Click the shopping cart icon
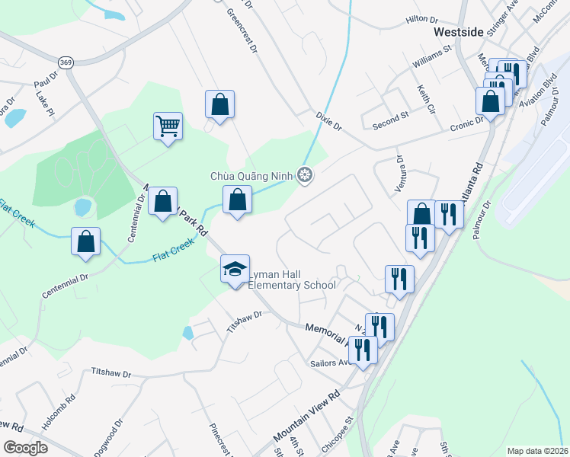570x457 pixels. (x=168, y=126)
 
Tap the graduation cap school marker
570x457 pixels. (x=235, y=269)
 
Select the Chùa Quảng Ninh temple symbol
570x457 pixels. (x=305, y=176)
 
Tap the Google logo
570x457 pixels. (x=25, y=448)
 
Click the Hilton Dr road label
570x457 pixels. (x=422, y=18)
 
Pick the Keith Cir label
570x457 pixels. (x=425, y=100)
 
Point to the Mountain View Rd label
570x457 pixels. (x=306, y=418)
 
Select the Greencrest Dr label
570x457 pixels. (x=241, y=32)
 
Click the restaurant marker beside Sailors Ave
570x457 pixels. (x=362, y=350)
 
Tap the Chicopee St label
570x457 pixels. (x=338, y=432)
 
